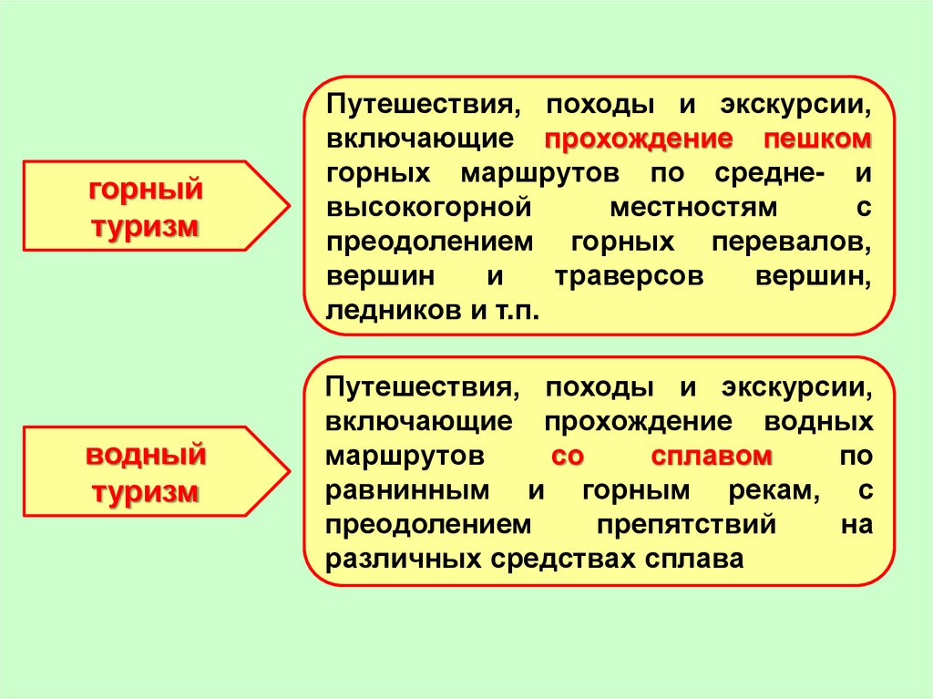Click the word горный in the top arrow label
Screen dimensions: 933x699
[146, 191]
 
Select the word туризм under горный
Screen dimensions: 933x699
[146, 227]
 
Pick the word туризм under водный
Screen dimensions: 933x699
[146, 492]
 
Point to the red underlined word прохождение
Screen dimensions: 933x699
[639, 140]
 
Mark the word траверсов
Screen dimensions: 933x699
[628, 276]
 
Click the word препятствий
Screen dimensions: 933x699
[686, 525]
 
